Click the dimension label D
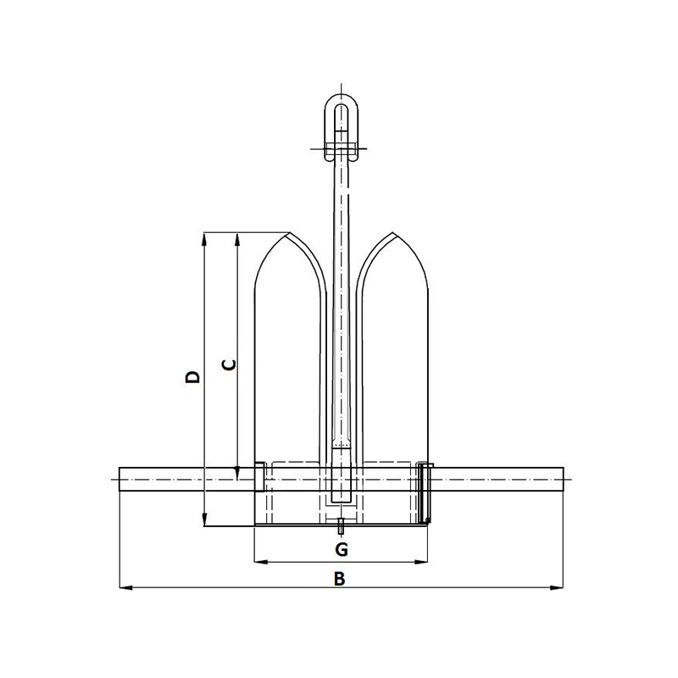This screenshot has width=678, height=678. pyautogui.click(x=193, y=375)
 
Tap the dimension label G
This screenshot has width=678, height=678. pyautogui.click(x=341, y=550)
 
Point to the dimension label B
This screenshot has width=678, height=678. pyautogui.click(x=339, y=579)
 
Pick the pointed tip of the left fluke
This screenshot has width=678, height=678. pyautogui.click(x=290, y=233)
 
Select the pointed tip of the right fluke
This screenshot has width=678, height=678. pyautogui.click(x=392, y=233)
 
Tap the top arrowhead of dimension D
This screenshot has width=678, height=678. pyautogui.click(x=204, y=238)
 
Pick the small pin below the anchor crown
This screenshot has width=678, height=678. pyautogui.click(x=341, y=527)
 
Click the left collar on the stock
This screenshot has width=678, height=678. pyautogui.click(x=261, y=476)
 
